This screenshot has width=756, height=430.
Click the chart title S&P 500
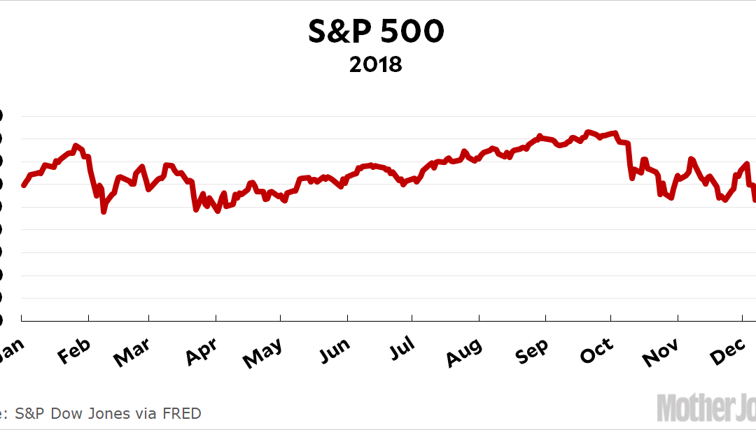pyautogui.click(x=376, y=32)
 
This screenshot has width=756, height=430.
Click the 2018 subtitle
pyautogui.click(x=376, y=65)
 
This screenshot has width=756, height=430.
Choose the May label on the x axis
pyautogui.click(x=262, y=354)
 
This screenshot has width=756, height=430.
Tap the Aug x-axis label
pyautogui.click(x=463, y=354)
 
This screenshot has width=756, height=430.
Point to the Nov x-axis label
pyautogui.click(x=661, y=354)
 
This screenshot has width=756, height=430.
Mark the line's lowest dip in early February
pyautogui.click(x=104, y=210)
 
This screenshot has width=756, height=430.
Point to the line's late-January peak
pyautogui.click(x=75, y=145)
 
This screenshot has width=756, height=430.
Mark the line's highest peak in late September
pyautogui.click(x=587, y=131)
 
